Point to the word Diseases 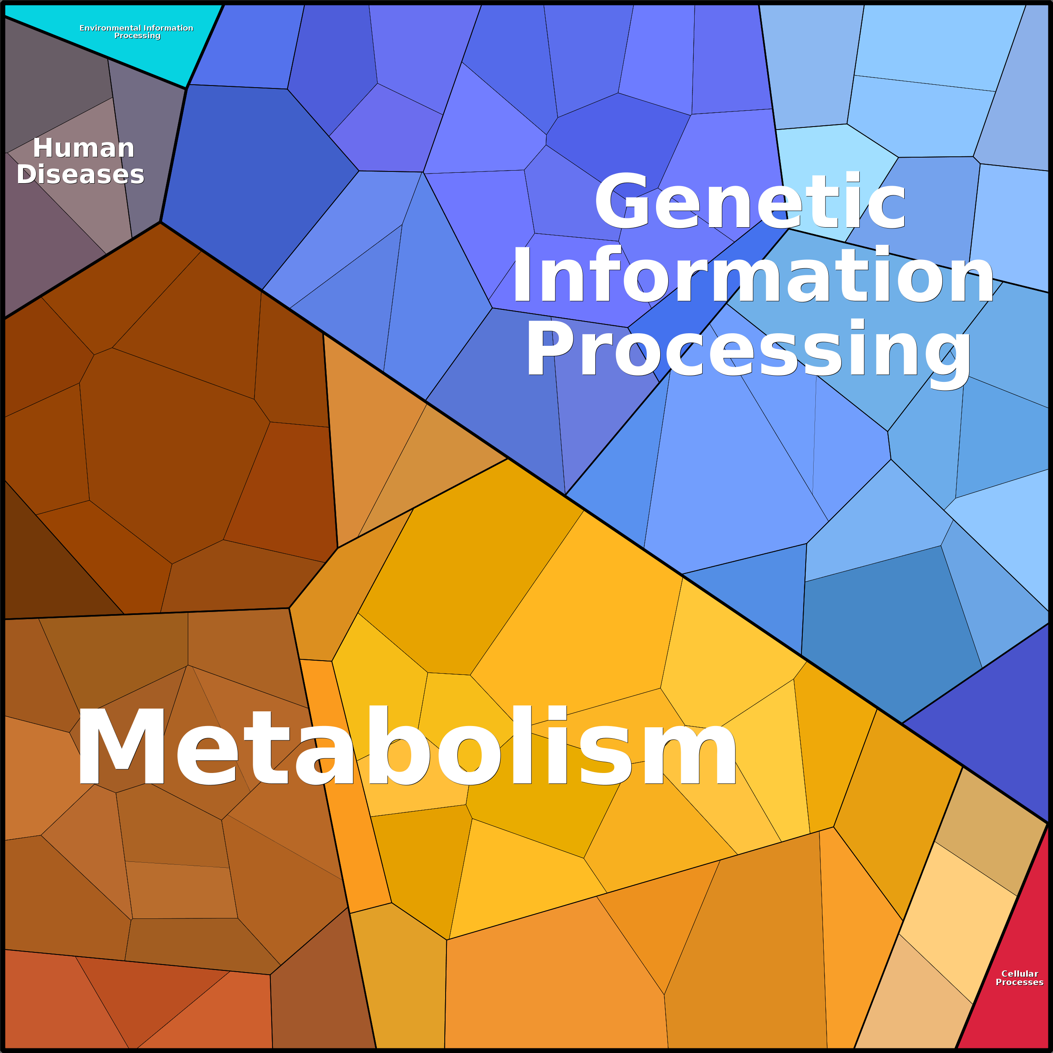point(80,174)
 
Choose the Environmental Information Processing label point(136,31)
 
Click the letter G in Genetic point(623,200)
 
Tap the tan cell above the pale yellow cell point(989,834)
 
